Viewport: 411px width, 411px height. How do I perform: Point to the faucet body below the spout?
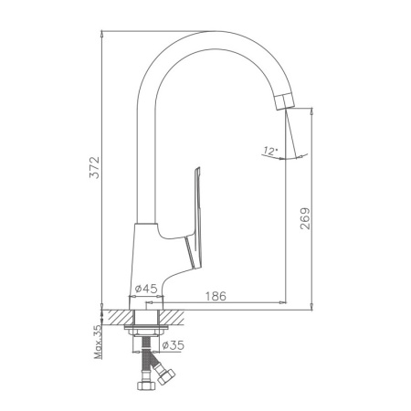[150, 251]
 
